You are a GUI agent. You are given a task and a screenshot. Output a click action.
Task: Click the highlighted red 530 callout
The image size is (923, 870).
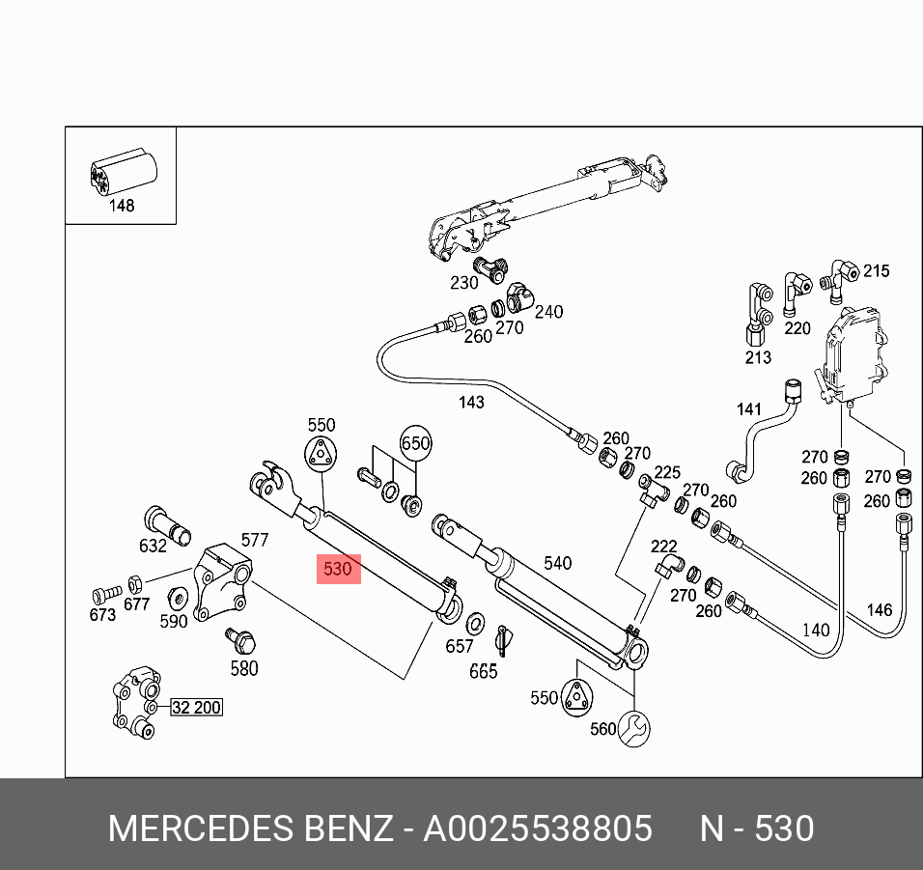pos(339,569)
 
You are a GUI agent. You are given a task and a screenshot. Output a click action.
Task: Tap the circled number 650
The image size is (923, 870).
pos(415,444)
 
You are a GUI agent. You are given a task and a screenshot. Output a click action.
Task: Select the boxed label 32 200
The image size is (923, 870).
pos(196,708)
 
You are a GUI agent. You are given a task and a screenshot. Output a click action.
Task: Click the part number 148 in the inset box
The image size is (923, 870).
pos(122,206)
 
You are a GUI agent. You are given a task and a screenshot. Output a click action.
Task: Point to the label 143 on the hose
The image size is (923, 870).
pos(471,402)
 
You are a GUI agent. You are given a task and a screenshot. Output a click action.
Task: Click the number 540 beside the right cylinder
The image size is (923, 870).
pos(558,563)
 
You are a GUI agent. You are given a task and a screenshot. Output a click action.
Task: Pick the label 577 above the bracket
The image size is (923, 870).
pos(254,540)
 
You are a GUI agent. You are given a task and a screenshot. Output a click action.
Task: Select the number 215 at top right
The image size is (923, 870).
pos(876,271)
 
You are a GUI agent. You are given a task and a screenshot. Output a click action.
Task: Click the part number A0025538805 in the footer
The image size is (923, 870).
pos(538,828)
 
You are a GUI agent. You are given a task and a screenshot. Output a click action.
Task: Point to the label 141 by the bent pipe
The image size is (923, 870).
pos(749,409)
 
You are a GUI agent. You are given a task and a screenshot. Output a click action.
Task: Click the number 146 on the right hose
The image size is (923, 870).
pos(879,609)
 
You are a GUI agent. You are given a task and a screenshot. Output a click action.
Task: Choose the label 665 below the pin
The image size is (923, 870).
pos(483,672)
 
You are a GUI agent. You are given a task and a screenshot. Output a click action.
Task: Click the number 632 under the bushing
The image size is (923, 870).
pos(153,546)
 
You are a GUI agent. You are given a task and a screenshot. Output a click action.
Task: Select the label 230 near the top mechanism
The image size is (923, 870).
pos(464,283)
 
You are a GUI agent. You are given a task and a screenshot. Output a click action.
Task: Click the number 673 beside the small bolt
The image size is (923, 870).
pos(102,614)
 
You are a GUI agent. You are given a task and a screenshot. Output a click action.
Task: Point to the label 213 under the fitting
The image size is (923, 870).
pos(758,357)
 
